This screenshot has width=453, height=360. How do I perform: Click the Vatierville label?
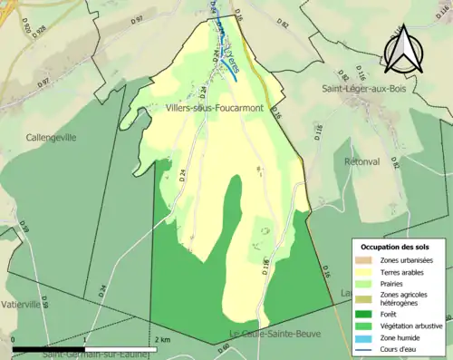(24, 305)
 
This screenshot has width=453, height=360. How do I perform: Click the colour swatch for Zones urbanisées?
(366, 260)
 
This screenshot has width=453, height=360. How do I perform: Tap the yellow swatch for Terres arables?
(366, 272)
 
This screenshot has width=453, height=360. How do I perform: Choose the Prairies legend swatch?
(366, 284)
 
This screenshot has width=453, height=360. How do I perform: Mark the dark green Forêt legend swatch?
(366, 311)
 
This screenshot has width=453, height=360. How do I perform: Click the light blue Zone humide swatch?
(366, 336)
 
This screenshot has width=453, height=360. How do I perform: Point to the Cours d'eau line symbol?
(366, 347)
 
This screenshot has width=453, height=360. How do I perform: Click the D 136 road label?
(266, 266)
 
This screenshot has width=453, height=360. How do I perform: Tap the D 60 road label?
(222, 345)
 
